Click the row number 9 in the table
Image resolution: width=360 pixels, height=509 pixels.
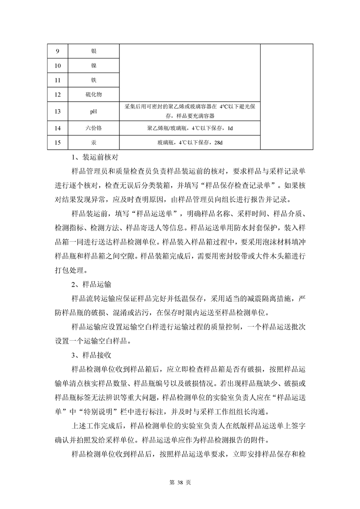coord(57,50)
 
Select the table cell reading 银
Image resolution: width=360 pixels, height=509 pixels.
coord(94,50)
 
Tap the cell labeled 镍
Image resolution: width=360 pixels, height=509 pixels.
coord(94,66)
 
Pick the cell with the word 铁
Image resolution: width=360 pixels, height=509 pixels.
coord(94,81)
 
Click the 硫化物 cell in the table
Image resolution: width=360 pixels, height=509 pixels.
coord(94,95)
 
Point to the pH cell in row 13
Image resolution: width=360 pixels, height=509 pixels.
coord(94,111)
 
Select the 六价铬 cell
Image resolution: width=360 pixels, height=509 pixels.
coord(94,128)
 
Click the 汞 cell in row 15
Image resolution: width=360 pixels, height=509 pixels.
coord(94,143)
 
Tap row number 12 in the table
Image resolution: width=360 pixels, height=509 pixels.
coord(57,95)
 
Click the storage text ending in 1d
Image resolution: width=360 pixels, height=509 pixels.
coord(190,128)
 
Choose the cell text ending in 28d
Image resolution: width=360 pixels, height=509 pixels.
coord(190,143)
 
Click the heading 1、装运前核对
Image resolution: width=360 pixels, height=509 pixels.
coord(95,158)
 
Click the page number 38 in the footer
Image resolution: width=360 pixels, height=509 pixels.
coord(180,482)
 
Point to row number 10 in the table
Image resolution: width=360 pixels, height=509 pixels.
coord(57,66)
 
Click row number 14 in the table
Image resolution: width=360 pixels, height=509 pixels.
coord(57,128)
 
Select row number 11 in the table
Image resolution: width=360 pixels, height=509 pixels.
coord(57,81)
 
